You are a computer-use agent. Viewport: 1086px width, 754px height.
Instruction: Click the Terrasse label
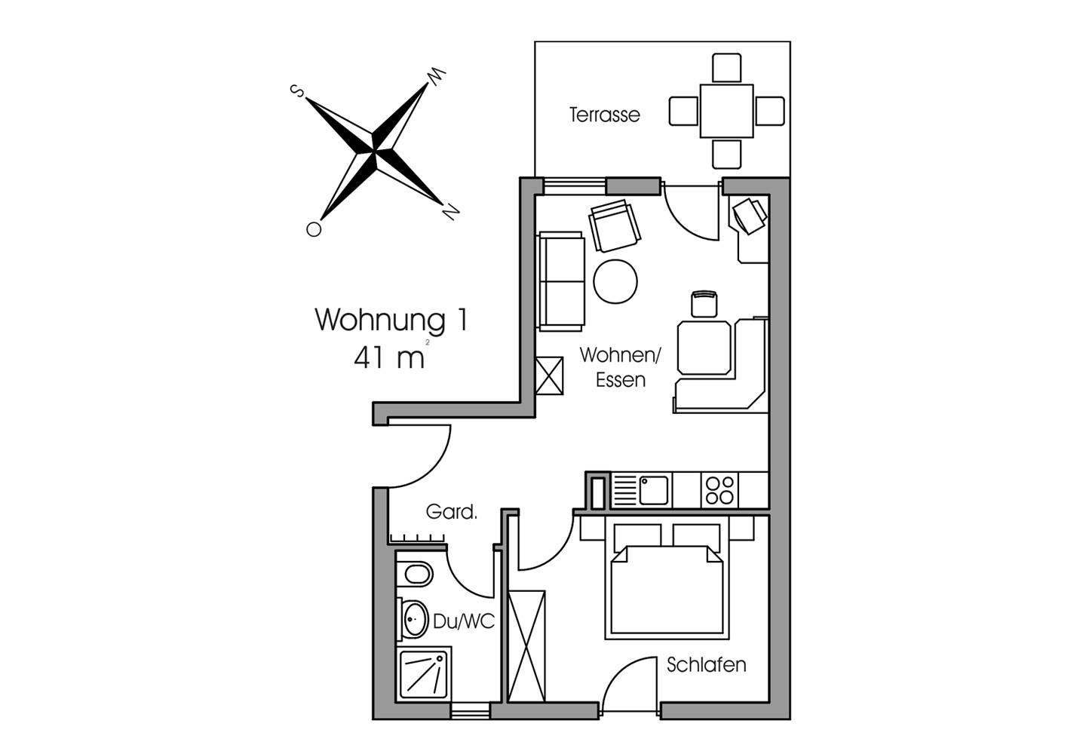click(604, 115)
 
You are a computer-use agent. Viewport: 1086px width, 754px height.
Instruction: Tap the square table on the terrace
click(726, 111)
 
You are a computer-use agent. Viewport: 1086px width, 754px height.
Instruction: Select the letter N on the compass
click(450, 212)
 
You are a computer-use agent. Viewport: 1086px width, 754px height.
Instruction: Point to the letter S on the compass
click(296, 90)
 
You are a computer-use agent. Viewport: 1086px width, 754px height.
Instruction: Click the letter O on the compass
click(314, 228)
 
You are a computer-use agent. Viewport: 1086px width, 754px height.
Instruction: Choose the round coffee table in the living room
click(615, 281)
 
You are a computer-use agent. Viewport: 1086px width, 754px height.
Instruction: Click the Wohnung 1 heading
click(391, 320)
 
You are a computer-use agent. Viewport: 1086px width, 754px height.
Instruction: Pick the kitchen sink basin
click(653, 490)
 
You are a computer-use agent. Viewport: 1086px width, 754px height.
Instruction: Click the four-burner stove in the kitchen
click(719, 490)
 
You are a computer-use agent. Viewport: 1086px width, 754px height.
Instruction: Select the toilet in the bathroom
click(415, 575)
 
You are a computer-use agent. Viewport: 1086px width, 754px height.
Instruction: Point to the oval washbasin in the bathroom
click(415, 619)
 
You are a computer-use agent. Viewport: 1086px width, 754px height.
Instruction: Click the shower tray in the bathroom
click(424, 673)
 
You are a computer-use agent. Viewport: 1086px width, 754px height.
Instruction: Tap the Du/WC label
click(464, 621)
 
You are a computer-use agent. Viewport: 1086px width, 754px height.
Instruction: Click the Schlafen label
click(706, 665)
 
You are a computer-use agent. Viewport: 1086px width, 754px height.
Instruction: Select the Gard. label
click(451, 512)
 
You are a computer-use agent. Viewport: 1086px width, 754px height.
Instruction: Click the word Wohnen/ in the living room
click(620, 355)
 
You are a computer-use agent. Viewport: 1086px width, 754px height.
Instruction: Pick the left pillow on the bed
click(637, 538)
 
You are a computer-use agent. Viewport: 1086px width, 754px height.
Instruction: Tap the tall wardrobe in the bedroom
click(526, 646)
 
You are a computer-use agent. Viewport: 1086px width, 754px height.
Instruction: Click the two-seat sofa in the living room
click(561, 281)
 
